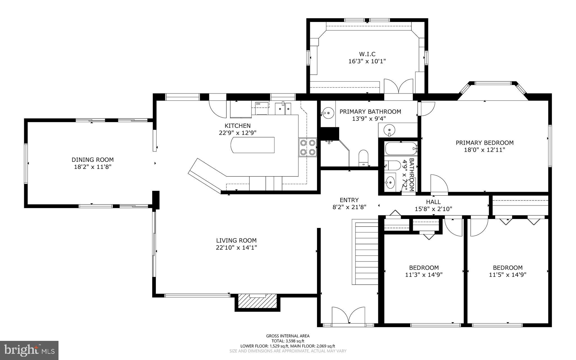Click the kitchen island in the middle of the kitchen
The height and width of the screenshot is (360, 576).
[x=253, y=145]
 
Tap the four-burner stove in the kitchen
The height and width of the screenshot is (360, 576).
[x=308, y=147]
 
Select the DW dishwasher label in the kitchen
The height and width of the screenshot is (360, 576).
[x=258, y=104]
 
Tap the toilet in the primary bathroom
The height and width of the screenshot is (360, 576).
[x=364, y=158]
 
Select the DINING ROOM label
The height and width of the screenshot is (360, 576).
[x=93, y=160]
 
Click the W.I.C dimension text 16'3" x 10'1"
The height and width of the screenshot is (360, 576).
[x=367, y=61]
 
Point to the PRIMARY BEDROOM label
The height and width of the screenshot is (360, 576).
[x=484, y=143]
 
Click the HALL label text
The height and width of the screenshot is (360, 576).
[x=433, y=202]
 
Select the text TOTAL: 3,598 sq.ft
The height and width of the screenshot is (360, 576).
[x=288, y=341]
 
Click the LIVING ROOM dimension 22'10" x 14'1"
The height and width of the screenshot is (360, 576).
[x=236, y=248]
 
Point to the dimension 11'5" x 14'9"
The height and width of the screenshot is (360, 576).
[x=507, y=275]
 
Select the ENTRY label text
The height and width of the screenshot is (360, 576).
[x=349, y=200]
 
